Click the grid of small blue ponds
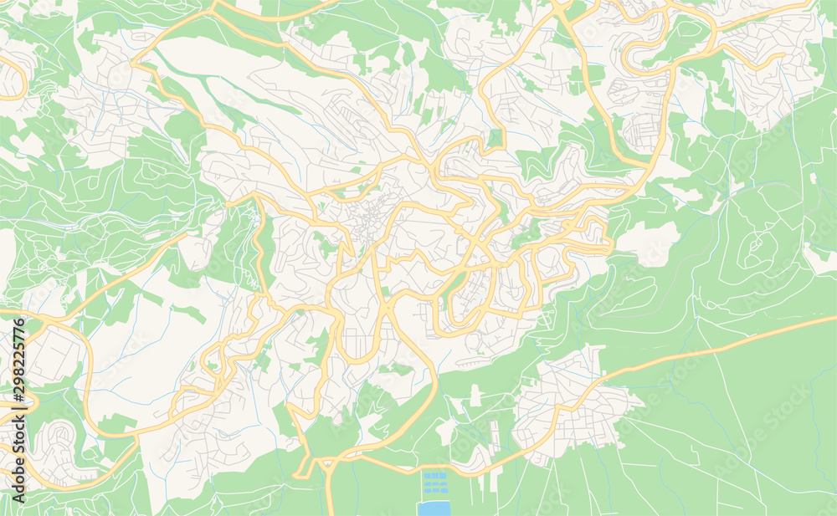pos(434,483)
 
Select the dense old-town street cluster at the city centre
pos(364,219)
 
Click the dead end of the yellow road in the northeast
pos(783,55)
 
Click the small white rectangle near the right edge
pos(813,178)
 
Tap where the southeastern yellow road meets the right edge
pos(833,318)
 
